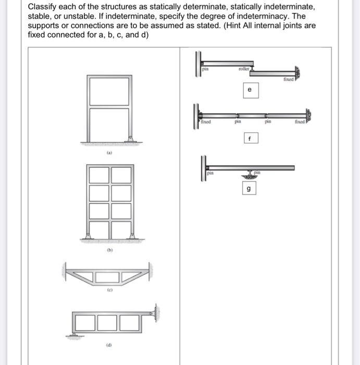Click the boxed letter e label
(x=250, y=90)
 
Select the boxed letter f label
(x=250, y=139)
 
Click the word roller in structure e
(x=244, y=68)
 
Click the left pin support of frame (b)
(x=88, y=236)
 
